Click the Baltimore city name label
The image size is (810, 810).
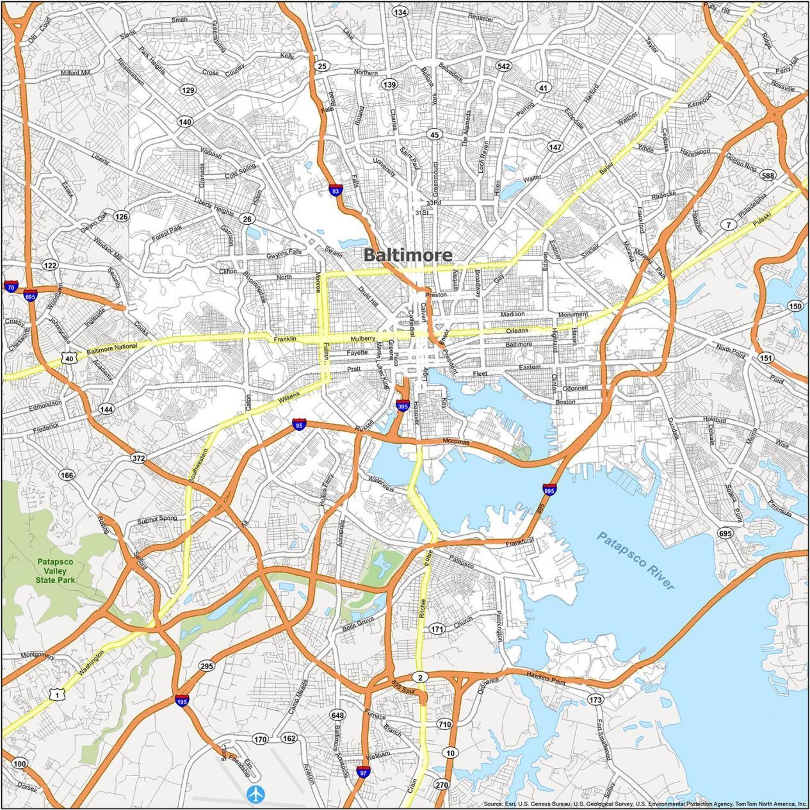coord(408,255)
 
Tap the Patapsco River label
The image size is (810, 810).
coord(636,560)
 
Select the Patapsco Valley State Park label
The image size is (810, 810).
coord(56,571)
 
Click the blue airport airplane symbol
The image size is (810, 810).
coord(256,794)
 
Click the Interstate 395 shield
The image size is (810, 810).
coord(402,405)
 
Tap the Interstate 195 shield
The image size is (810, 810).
coord(182,701)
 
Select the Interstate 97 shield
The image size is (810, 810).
coord(363,772)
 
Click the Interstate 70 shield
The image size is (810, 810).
coord(10,287)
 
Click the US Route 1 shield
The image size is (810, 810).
coord(57,695)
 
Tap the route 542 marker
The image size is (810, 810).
coord(503,66)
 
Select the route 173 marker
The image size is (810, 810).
coord(595,699)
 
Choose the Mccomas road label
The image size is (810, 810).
coord(456,442)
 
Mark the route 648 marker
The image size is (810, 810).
coord(337,715)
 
